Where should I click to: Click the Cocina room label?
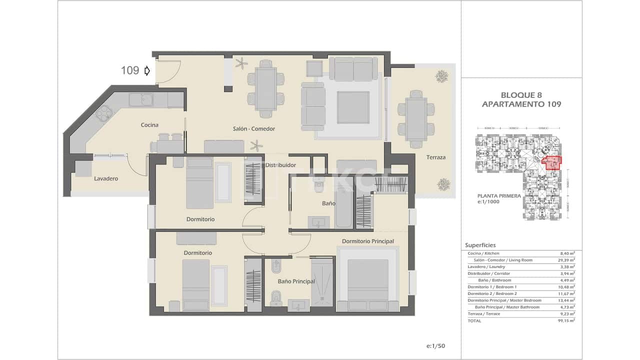149,125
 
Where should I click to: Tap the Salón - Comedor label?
254,128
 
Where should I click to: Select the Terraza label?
435,157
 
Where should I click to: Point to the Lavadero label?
106,178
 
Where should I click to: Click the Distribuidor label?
280,165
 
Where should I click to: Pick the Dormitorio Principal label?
367,241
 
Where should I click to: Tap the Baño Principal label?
296,281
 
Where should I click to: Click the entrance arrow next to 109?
147,70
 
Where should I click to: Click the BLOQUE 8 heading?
521,95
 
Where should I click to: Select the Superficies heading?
480,245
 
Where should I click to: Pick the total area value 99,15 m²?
567,321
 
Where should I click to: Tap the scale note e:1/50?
435,346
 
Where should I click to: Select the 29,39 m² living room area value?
567,260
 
